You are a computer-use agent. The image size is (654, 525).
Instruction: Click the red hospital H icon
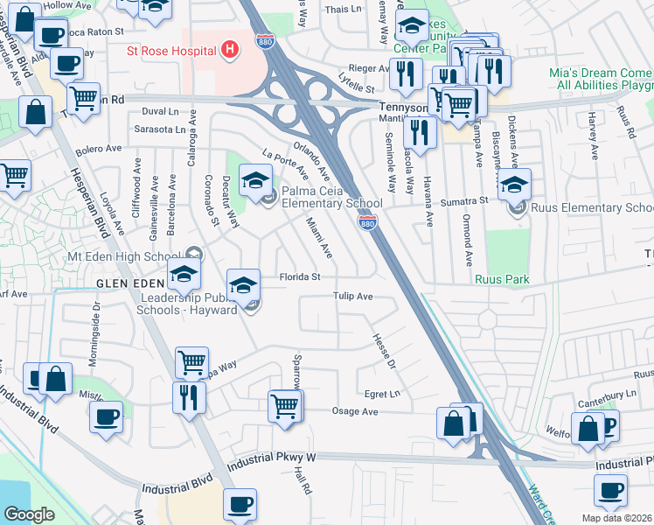(x=230, y=49)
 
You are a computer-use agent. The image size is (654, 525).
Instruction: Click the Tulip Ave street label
(x=353, y=297)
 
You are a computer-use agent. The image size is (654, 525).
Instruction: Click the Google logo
(x=29, y=514)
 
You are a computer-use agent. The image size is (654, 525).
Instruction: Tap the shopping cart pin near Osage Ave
(x=285, y=406)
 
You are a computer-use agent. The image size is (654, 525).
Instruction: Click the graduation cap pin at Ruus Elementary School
(x=514, y=185)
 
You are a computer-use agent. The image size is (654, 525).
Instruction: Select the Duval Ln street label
(x=160, y=112)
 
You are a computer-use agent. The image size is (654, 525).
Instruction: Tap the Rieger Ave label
(x=368, y=66)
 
